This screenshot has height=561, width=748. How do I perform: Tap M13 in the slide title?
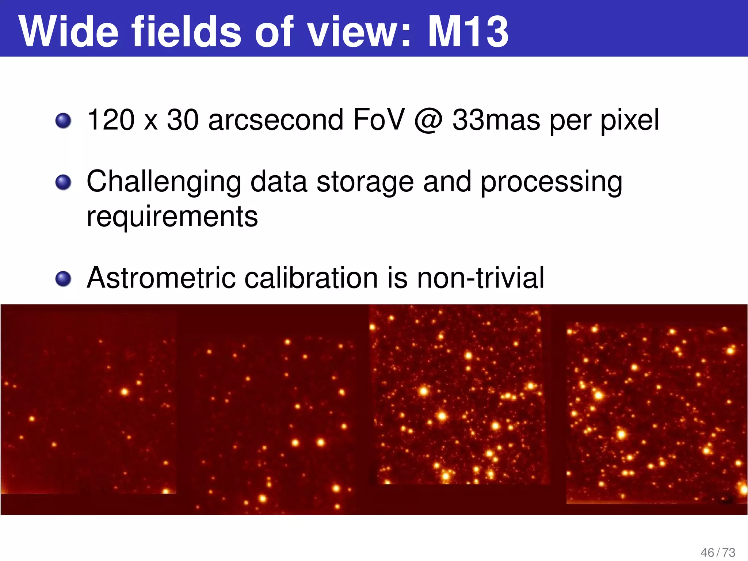click(468, 32)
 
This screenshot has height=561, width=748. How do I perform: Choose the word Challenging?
click(164, 182)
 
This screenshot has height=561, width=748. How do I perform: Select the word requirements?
click(172, 217)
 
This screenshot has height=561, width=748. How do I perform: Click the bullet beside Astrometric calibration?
click(63, 279)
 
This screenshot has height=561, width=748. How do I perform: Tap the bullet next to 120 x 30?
click(63, 121)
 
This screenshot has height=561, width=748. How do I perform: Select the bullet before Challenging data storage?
click(63, 182)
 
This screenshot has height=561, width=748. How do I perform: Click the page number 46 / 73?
click(718, 552)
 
